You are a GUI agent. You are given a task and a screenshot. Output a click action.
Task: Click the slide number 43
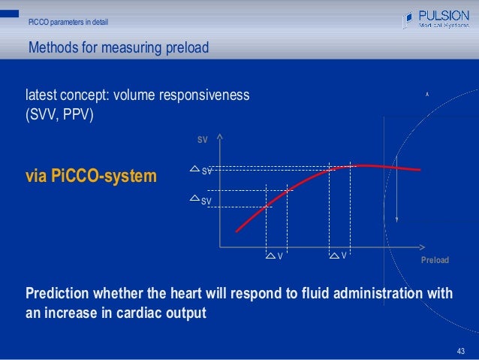461,351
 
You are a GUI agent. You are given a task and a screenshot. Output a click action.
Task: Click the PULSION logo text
444,15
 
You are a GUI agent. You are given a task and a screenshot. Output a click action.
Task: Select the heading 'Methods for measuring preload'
118,50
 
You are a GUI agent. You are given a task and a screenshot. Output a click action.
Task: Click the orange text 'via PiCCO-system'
92,177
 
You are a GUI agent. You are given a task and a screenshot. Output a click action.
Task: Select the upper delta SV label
201,171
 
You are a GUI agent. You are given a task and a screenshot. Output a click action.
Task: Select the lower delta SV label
201,200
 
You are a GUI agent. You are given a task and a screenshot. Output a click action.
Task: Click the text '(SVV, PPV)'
59,116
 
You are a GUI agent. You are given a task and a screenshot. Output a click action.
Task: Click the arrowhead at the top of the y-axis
219,137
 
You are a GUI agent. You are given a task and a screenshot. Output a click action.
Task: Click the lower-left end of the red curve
237,231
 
